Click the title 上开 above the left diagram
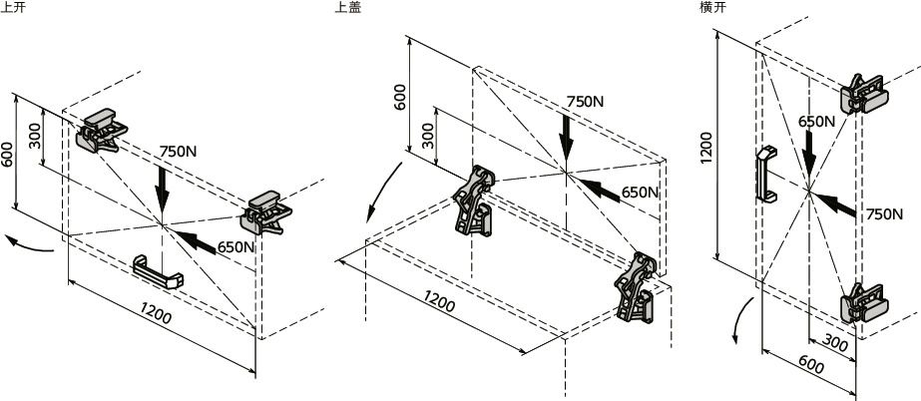[x=13, y=8]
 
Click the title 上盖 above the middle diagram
[x=348, y=8]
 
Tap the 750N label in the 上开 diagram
[x=179, y=152]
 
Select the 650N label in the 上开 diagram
[x=235, y=246]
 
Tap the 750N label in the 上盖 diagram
[x=585, y=101]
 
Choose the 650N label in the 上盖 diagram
[x=640, y=192]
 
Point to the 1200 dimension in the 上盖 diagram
[x=440, y=300]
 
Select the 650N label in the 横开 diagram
[x=816, y=121]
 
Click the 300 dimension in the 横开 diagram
[x=835, y=345]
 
